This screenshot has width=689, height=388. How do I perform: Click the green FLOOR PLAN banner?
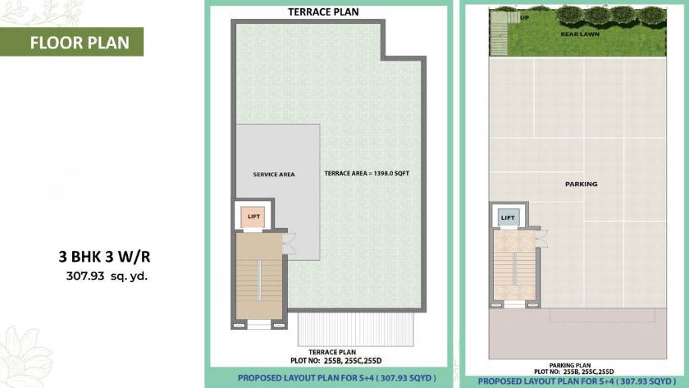tap(71, 42)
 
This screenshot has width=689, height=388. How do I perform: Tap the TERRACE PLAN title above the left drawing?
tap(323, 11)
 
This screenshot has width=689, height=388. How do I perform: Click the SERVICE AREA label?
tap(274, 175)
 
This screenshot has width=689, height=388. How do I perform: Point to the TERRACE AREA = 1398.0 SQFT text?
tap(367, 174)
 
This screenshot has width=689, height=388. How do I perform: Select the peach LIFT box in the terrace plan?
tap(253, 217)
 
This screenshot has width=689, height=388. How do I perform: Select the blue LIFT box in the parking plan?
tap(509, 217)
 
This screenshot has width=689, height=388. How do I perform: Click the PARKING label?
tap(581, 184)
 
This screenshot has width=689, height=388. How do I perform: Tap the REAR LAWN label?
tap(580, 34)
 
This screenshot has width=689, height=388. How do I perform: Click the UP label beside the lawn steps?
tap(524, 18)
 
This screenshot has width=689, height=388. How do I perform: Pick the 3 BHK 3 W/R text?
tap(105, 257)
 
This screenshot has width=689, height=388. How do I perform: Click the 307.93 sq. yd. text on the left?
tap(107, 276)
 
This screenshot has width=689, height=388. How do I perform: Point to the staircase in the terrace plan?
tap(259, 276)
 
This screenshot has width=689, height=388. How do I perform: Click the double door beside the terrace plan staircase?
tap(290, 244)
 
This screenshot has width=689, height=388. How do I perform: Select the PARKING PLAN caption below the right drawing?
tap(570, 365)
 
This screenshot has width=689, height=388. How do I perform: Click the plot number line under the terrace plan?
tap(336, 361)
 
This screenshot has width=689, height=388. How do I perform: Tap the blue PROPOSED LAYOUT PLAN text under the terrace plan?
tap(337, 378)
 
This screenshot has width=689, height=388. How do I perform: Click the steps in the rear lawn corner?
tap(499, 34)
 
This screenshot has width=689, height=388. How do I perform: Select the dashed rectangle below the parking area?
tap(602, 315)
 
